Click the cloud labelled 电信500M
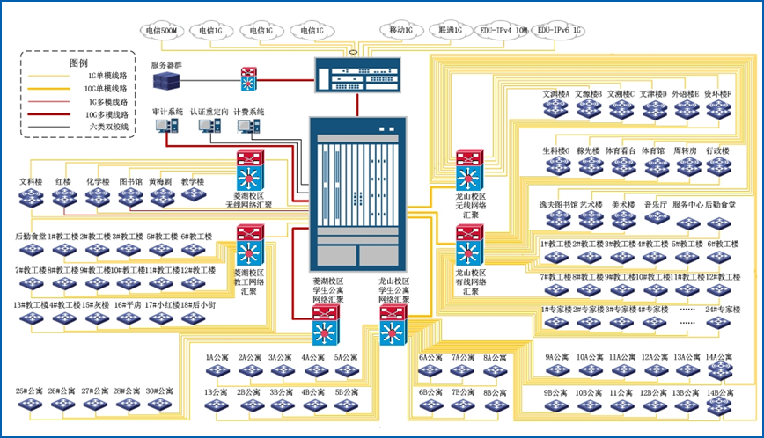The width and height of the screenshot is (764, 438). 165,31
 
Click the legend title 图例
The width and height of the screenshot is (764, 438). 78,63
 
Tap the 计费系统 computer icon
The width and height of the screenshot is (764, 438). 248,128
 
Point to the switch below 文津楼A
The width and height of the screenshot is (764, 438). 557,109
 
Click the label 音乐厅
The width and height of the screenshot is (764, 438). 658,205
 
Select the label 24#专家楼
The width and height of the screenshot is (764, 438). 723,310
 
